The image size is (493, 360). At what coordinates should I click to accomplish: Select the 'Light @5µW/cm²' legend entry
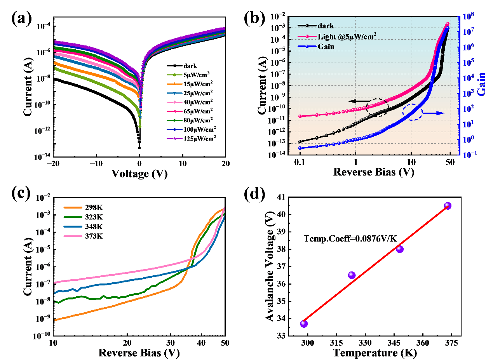click(347, 36)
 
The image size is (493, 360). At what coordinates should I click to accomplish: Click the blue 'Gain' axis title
click(481, 84)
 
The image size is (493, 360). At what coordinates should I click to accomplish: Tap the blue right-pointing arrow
click(434, 113)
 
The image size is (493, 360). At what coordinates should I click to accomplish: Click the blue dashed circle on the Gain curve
click(412, 112)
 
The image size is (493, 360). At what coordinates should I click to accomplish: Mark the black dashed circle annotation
click(377, 107)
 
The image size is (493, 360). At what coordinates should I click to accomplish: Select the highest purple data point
click(448, 205)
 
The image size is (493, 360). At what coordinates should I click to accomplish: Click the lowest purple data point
click(304, 323)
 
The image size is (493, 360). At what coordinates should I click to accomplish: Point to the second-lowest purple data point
click(352, 275)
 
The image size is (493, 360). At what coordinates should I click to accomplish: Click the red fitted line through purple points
click(376, 264)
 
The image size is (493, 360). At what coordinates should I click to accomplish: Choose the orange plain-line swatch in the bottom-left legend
click(73, 208)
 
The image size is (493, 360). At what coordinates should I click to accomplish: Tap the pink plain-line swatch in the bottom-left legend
click(73, 236)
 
